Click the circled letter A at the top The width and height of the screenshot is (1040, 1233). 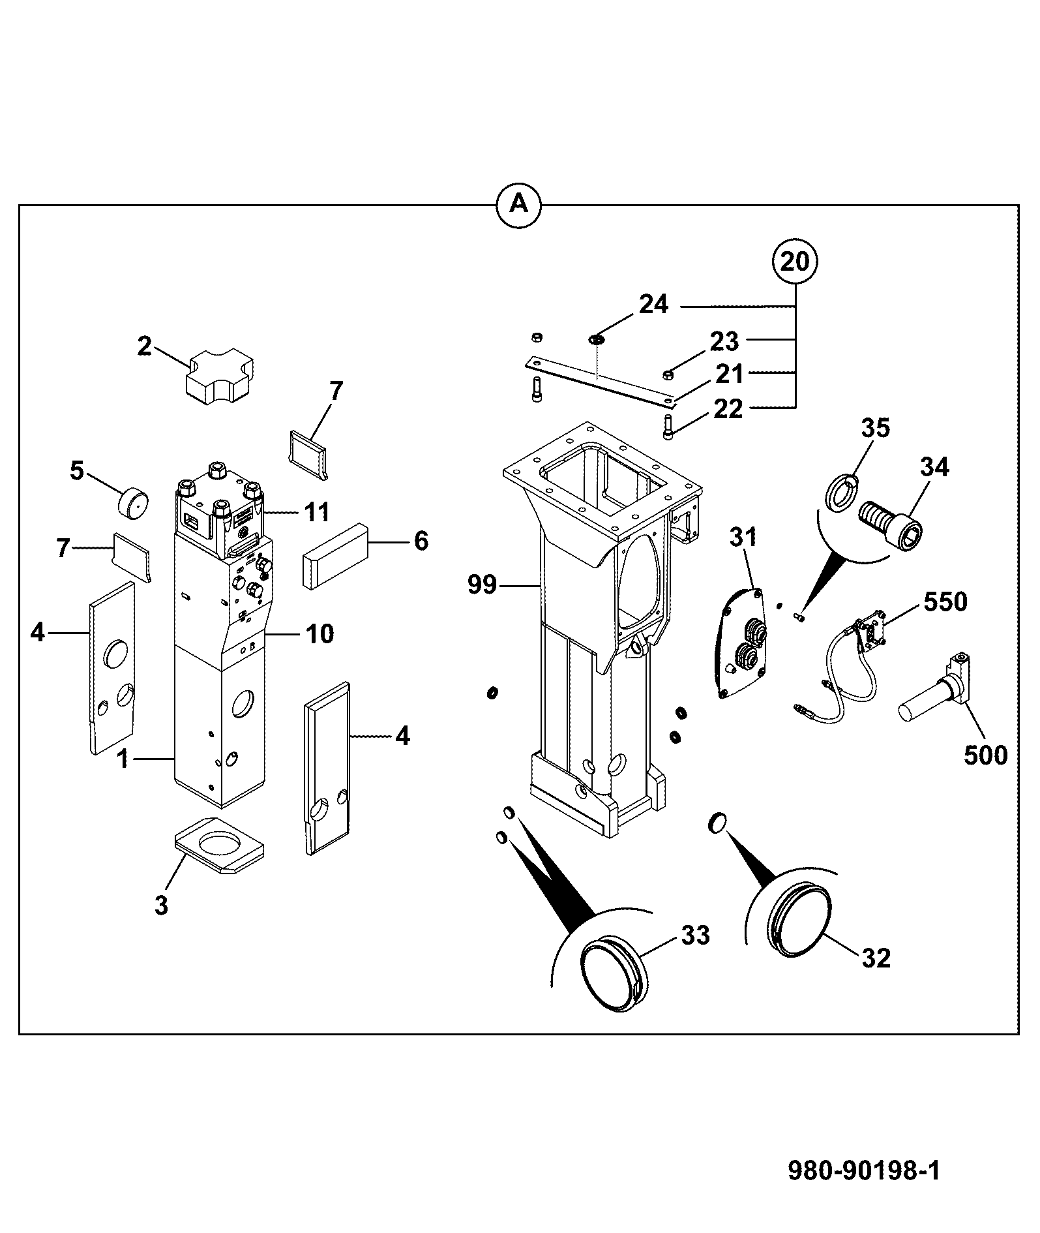519,205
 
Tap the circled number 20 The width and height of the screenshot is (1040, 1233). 795,262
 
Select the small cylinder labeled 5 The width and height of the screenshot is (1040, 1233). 132,501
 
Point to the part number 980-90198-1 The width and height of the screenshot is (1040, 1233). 864,1169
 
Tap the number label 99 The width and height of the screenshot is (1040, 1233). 483,585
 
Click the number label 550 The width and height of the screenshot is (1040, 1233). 945,601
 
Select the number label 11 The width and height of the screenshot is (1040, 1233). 317,512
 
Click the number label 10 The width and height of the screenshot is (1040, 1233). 319,633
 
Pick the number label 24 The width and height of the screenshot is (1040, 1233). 653,304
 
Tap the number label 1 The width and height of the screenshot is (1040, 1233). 123,759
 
